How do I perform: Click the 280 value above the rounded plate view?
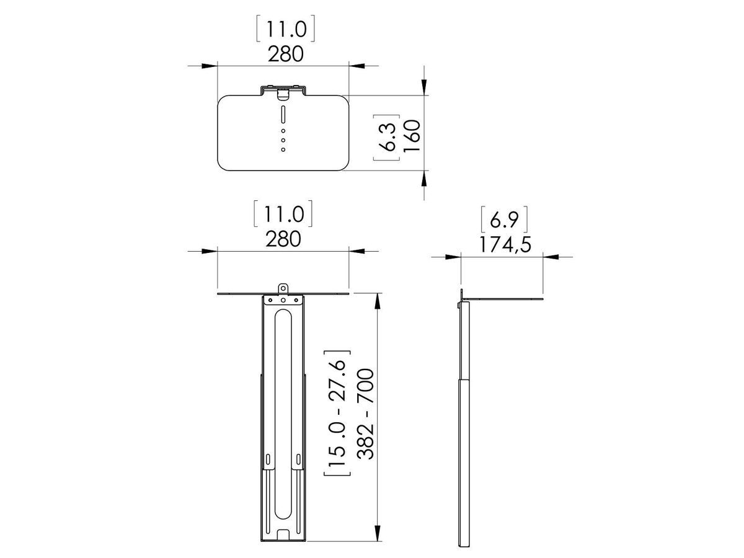[x=285, y=55]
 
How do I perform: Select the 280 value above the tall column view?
[x=285, y=239]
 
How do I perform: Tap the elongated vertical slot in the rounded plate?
[x=283, y=115]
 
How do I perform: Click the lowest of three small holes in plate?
[x=283, y=149]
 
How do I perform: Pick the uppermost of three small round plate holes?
[x=283, y=131]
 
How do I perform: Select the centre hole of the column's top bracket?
[x=283, y=300]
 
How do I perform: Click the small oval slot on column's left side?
[x=268, y=460]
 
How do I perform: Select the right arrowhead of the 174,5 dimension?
[x=550, y=255]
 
